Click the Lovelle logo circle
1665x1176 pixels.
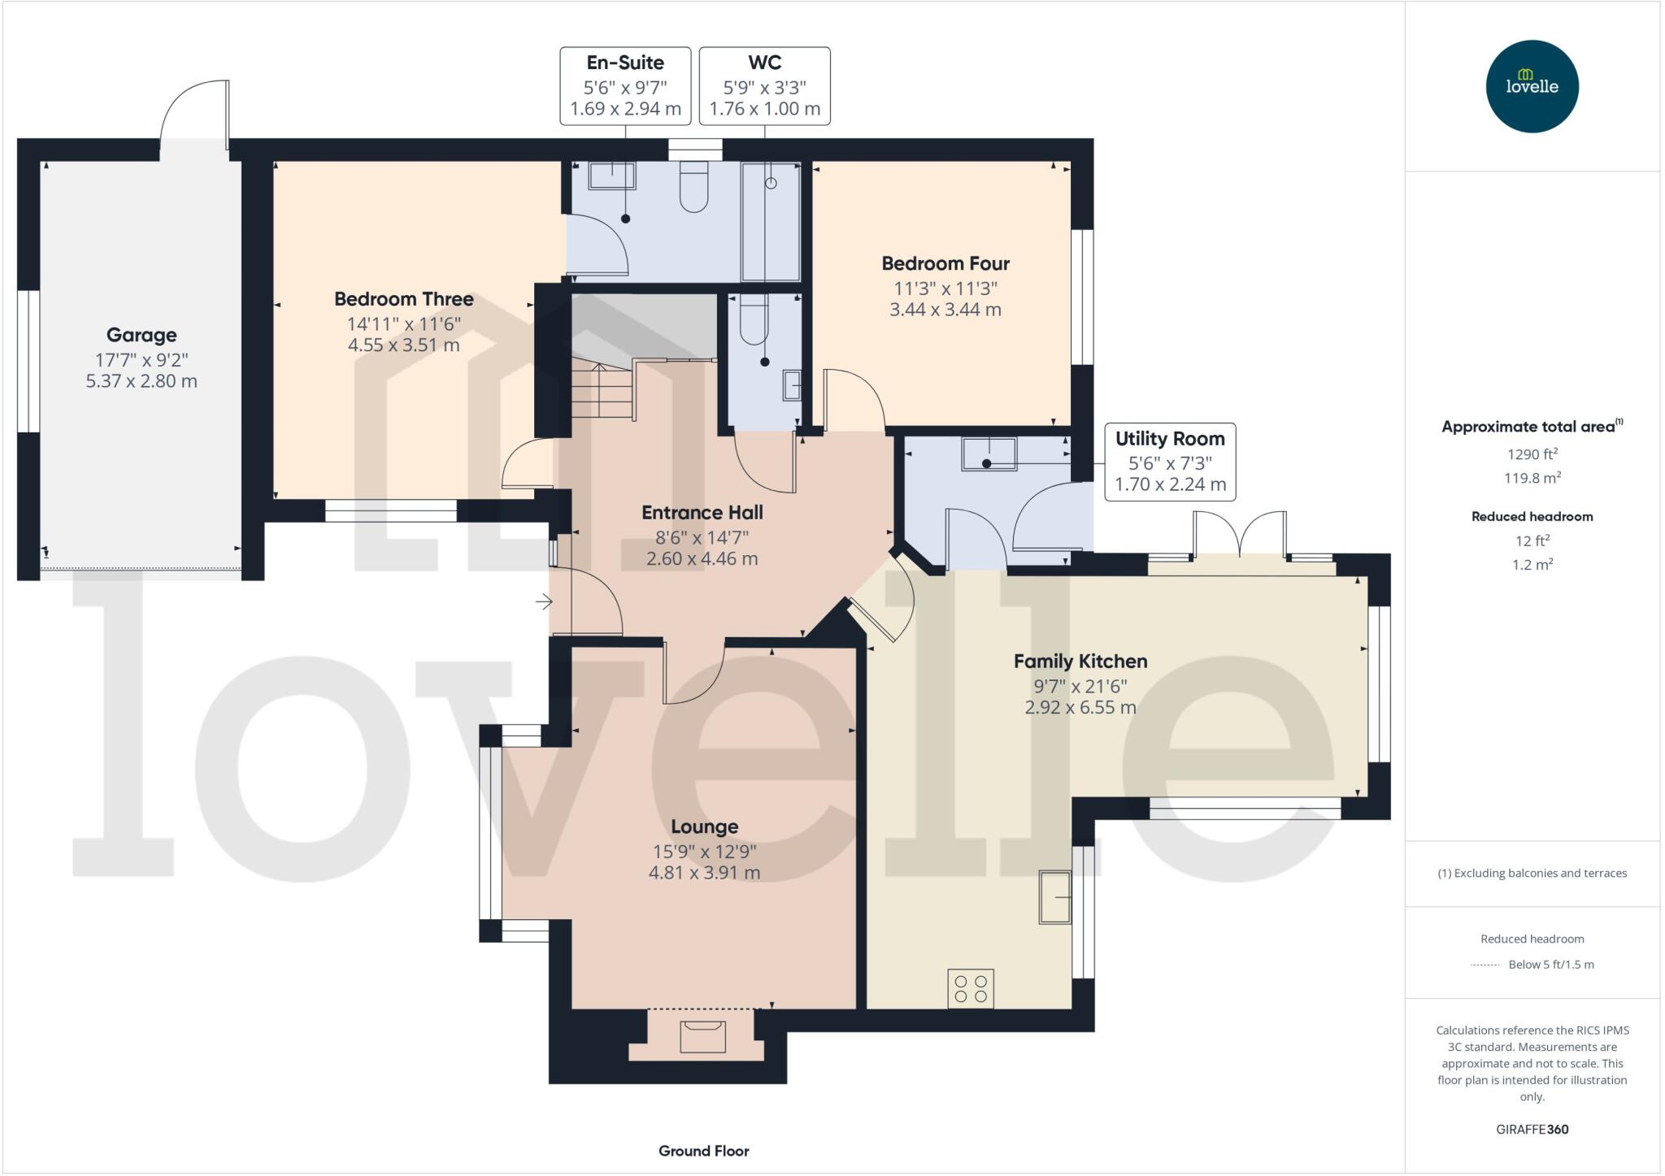[1532, 86]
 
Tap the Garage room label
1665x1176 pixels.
[141, 335]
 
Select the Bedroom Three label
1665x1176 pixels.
[404, 299]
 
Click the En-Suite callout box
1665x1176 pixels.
[625, 85]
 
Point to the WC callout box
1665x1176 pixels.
[764, 85]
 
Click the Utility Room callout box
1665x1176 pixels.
[1169, 462]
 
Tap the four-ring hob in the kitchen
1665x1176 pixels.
[971, 988]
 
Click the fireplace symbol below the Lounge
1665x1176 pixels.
[702, 1037]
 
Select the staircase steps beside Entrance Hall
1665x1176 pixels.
[602, 390]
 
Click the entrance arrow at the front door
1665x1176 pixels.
[544, 601]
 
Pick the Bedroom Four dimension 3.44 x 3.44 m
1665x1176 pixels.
[945, 310]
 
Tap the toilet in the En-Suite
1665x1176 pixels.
[693, 186]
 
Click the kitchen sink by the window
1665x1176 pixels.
[1054, 896]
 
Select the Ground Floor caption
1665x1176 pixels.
[703, 1151]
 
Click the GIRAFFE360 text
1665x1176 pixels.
[1532, 1129]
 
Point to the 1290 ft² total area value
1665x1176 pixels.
[1532, 454]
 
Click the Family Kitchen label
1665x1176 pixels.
[1080, 662]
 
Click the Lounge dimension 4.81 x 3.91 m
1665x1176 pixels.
[703, 873]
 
